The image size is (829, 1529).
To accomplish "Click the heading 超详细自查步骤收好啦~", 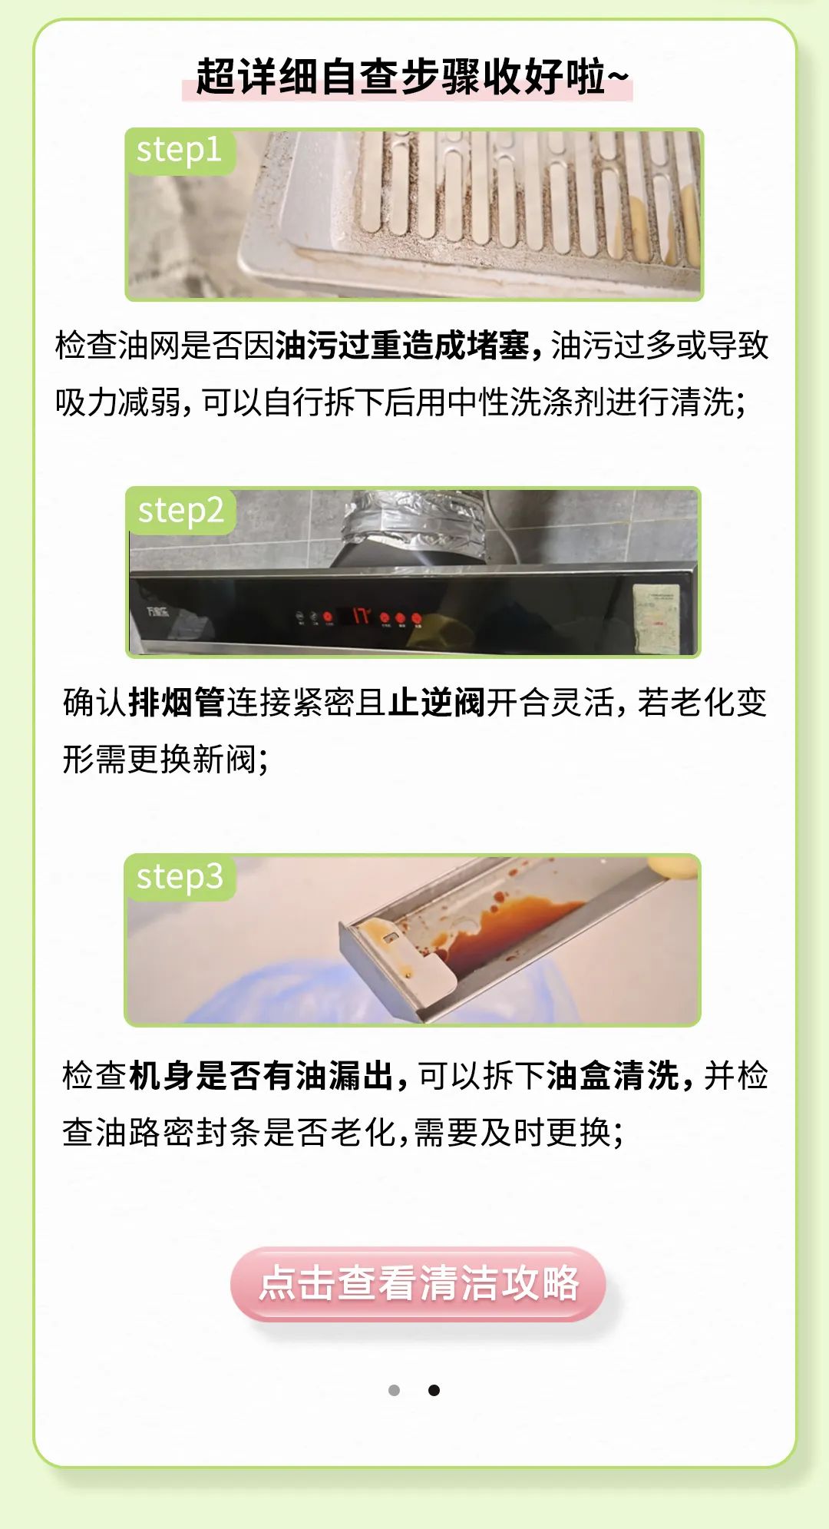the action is [412, 77].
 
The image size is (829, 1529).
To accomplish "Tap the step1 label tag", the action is [180, 151].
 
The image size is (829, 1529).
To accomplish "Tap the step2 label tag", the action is [181, 511].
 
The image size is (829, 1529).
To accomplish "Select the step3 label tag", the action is [180, 877].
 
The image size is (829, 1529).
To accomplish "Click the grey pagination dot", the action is [395, 1390].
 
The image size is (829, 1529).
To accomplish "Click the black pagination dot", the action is [434, 1390].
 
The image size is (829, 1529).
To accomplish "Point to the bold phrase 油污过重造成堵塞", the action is [402, 346].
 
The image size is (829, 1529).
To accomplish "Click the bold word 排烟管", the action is [177, 703].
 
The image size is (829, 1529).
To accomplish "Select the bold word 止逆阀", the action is [437, 703].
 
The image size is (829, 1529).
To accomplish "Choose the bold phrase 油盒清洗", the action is [612, 1076].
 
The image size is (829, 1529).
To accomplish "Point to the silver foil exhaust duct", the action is [414, 521].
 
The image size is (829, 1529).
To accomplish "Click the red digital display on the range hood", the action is [361, 615].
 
